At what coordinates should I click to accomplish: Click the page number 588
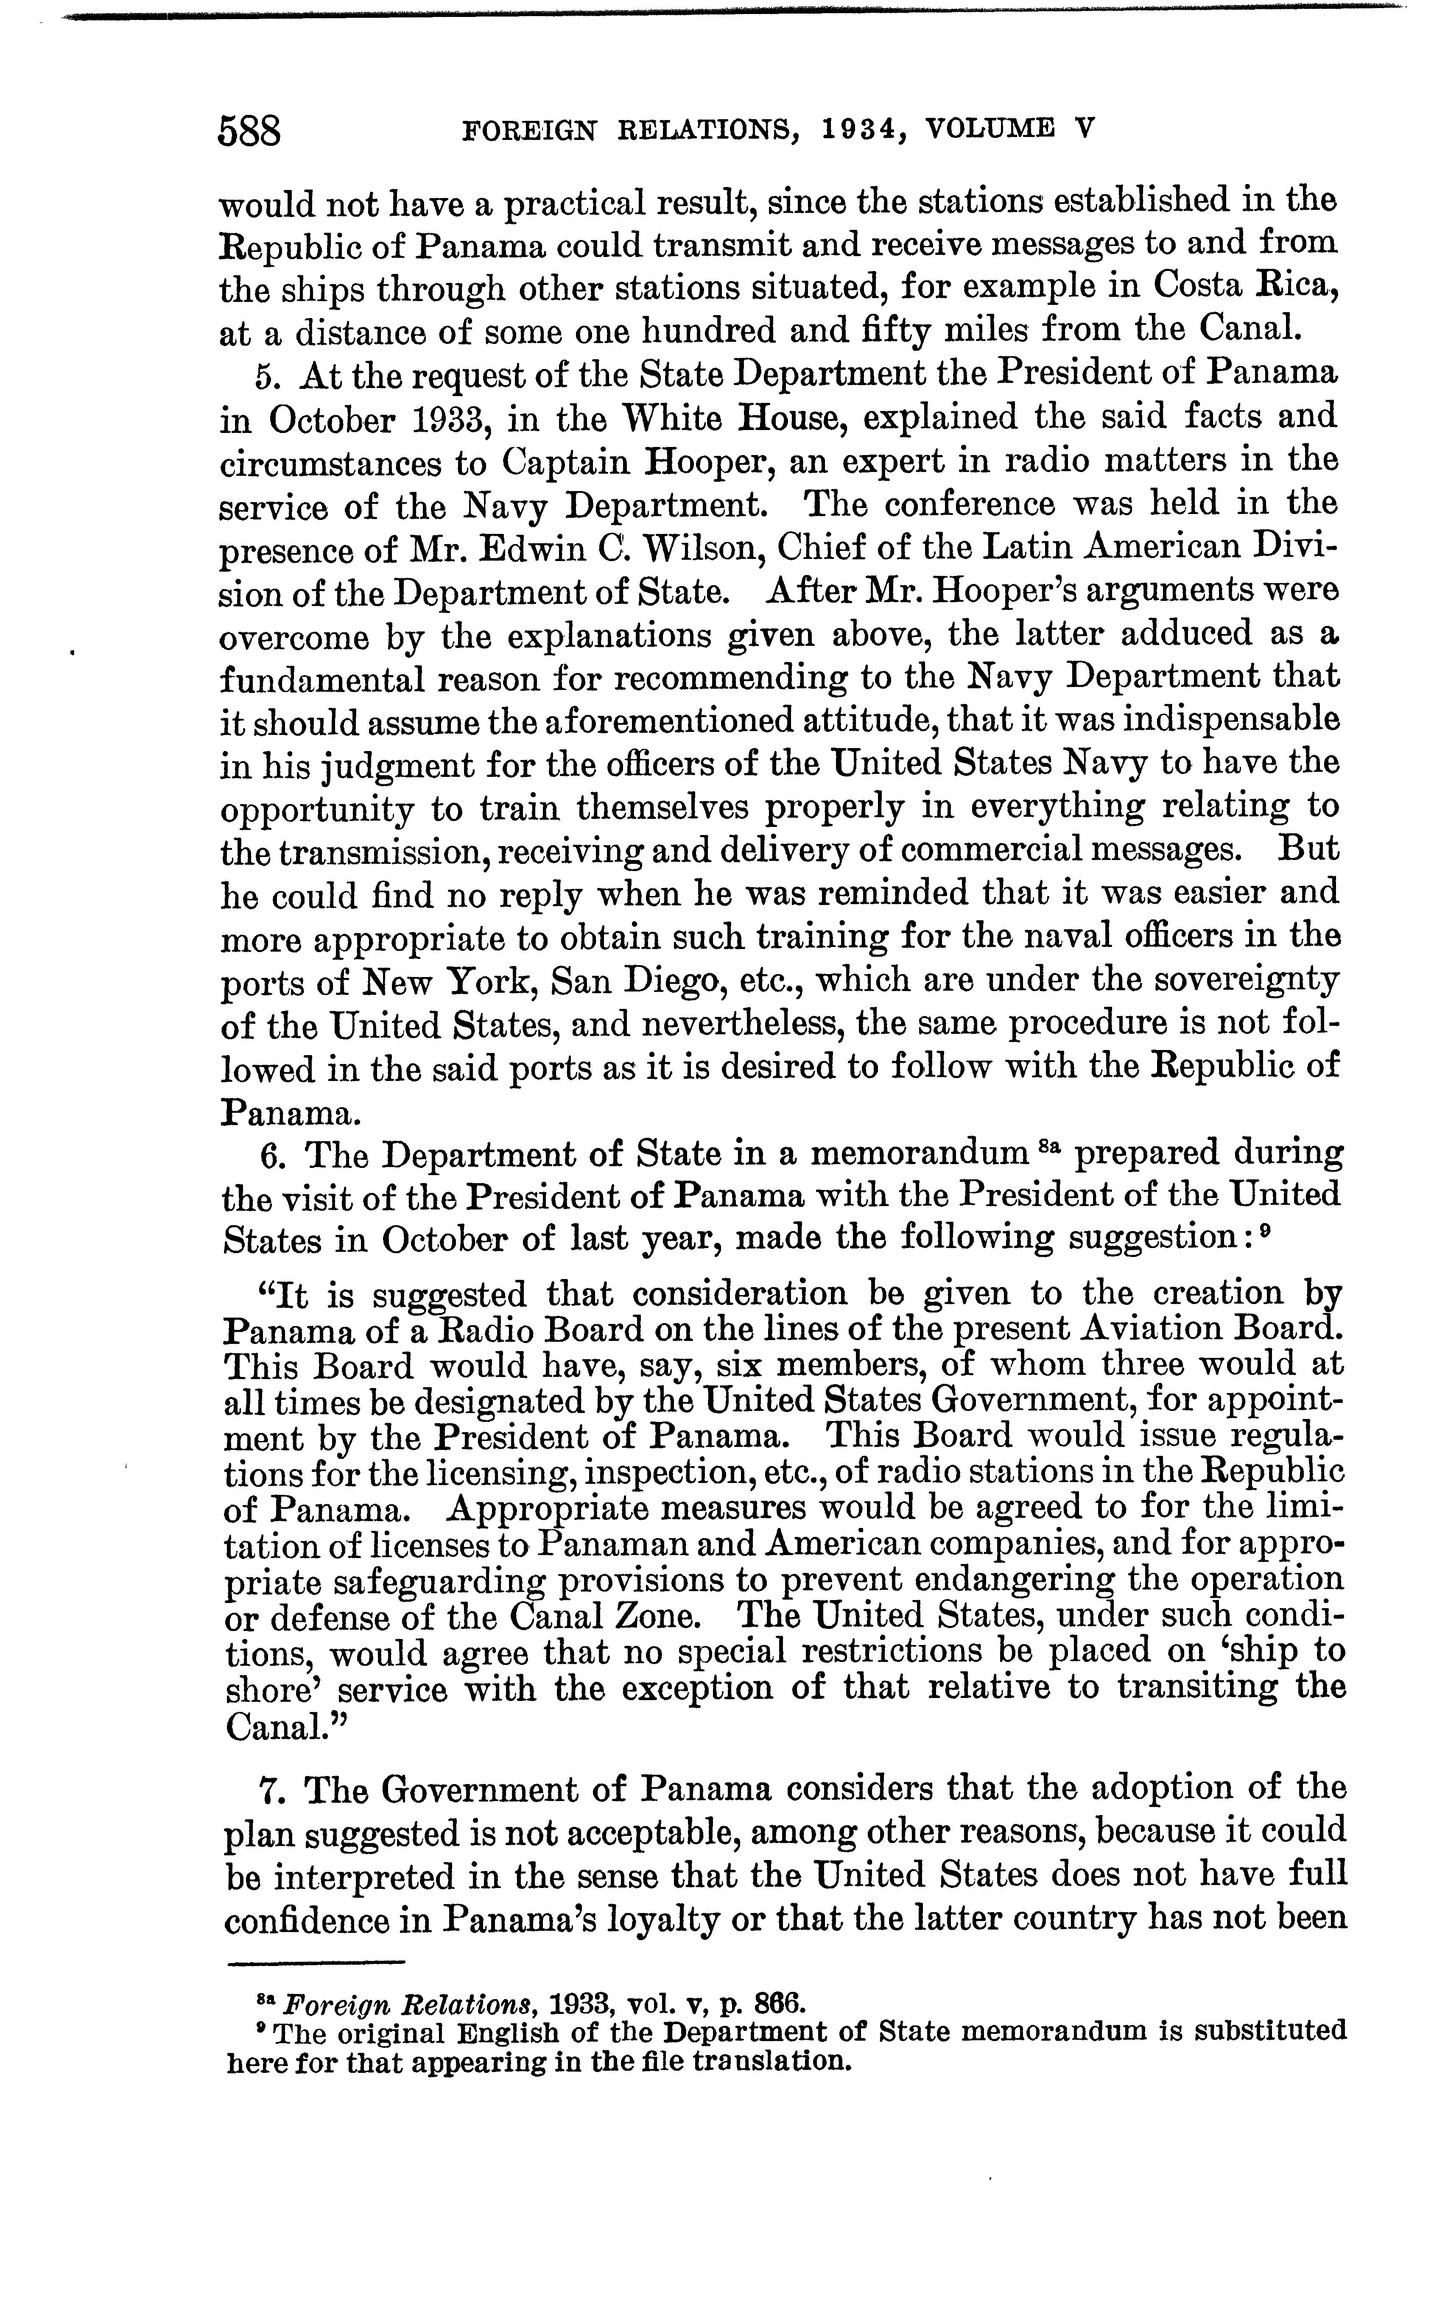click(x=250, y=130)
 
